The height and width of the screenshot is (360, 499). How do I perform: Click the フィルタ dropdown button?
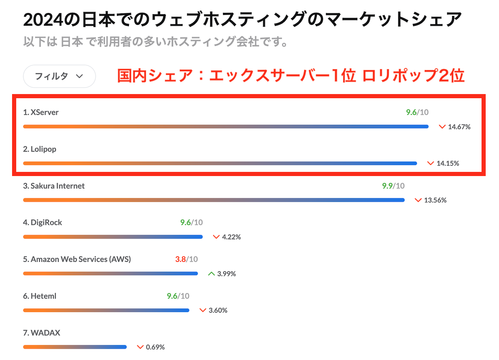59,76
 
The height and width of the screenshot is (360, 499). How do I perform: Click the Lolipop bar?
220,163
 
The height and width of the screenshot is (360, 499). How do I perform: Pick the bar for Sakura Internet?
214,200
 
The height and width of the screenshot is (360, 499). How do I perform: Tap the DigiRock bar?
113,237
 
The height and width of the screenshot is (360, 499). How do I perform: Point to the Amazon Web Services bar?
110,273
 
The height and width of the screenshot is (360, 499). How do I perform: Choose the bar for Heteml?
106,310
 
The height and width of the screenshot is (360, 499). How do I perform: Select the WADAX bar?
75,347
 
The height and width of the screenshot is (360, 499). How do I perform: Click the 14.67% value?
459,127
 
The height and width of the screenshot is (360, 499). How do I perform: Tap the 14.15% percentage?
448,164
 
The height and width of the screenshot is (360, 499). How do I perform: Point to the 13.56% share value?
435,200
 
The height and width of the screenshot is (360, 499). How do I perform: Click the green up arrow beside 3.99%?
211,274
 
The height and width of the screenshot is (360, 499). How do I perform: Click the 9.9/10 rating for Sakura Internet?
393,186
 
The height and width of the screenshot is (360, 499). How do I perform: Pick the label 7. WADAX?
42,333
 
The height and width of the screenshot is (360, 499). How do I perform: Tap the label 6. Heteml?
40,296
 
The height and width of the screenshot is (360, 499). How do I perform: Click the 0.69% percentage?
155,347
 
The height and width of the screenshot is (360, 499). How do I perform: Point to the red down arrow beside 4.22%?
216,237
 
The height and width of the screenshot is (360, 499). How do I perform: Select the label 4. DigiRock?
42,223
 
